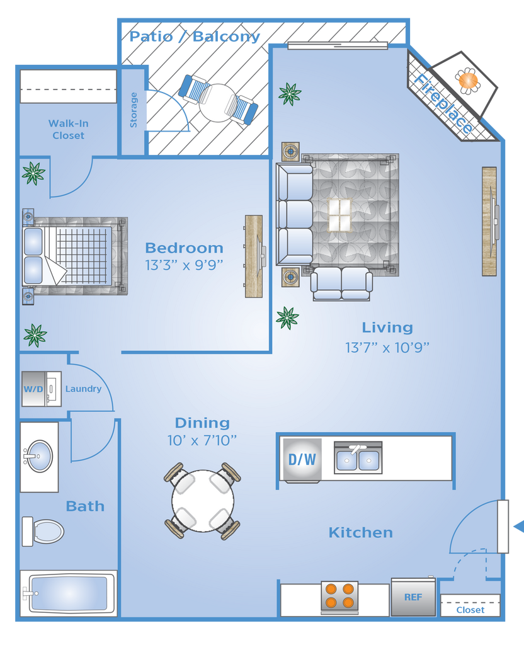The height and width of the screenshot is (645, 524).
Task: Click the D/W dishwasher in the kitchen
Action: [302, 459]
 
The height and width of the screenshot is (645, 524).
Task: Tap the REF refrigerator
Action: [413, 597]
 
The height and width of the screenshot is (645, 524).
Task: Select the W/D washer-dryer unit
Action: [41, 389]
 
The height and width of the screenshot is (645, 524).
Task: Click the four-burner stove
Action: [339, 596]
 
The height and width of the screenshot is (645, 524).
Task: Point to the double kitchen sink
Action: [358, 459]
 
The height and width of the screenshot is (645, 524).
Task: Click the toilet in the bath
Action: [43, 531]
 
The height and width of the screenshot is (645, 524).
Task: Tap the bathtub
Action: [69, 593]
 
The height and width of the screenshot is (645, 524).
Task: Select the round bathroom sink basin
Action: [40, 456]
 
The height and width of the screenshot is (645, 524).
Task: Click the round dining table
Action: [203, 501]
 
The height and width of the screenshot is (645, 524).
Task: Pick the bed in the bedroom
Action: [75, 256]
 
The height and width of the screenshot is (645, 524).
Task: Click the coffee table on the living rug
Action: [339, 215]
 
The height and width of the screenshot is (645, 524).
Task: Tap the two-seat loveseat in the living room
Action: [341, 283]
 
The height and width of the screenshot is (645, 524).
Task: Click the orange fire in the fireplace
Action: [468, 80]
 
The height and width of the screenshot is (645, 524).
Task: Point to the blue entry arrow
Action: [519, 526]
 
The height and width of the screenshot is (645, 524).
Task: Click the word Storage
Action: [134, 110]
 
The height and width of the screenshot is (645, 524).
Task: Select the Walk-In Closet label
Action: [68, 129]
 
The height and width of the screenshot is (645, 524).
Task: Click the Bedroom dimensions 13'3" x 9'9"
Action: [184, 265]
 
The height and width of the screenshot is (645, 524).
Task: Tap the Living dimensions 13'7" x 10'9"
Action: [387, 348]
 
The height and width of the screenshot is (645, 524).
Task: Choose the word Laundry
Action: [83, 389]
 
